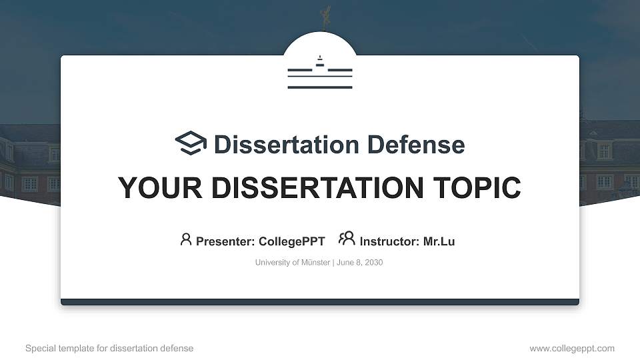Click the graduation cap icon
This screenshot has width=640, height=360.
point(191,143)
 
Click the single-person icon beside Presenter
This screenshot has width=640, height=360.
point(186,239)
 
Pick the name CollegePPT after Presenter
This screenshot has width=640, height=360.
point(291,241)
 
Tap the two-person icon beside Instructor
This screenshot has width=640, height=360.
point(347,239)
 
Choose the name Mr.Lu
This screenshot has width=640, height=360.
point(439,241)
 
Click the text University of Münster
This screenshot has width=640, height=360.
point(292,263)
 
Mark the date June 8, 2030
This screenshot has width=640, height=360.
point(360,263)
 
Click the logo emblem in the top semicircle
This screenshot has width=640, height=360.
point(320,71)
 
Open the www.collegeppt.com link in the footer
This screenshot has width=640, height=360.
point(572,348)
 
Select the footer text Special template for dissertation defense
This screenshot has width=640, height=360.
point(109,348)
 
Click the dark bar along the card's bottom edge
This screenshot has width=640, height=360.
point(320,302)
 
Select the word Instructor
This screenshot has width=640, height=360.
point(389,241)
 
